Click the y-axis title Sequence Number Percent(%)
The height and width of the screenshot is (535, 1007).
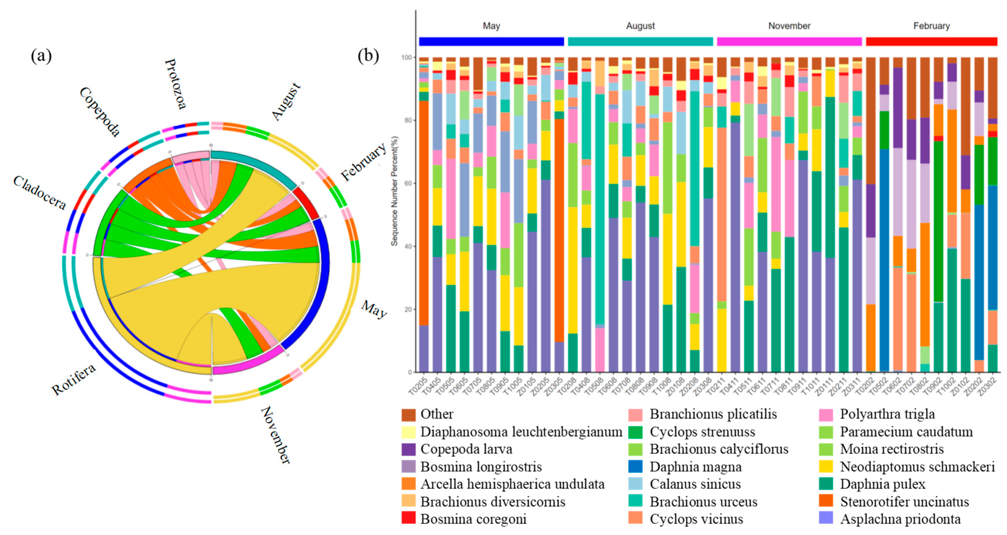(x=394, y=191)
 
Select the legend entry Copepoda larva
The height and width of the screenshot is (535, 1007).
(x=466, y=449)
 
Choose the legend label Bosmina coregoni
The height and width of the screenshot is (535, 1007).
(x=473, y=519)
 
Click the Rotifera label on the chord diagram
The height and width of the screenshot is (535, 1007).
(x=73, y=378)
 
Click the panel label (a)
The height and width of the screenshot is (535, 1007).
(x=41, y=56)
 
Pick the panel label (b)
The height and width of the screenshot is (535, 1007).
(x=368, y=56)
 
